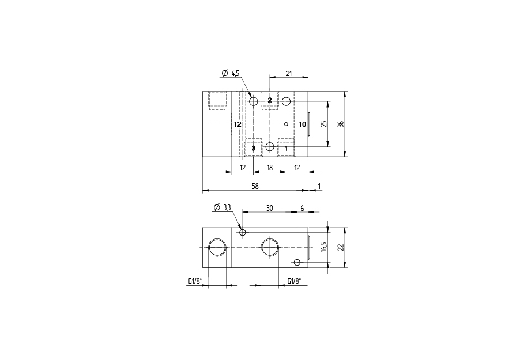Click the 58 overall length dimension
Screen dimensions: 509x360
[x=255, y=186]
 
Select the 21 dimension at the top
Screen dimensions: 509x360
[x=289, y=74]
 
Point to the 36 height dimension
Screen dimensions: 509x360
[x=340, y=124]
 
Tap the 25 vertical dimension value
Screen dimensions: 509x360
[x=323, y=124]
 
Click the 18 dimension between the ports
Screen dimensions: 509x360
[x=270, y=168]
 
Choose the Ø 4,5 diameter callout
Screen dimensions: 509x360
[x=230, y=74]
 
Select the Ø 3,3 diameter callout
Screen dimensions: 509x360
[x=222, y=207]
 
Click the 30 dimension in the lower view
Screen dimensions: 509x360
[x=270, y=208]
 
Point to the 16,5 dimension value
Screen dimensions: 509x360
[x=323, y=247]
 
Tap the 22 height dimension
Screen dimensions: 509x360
[x=340, y=247]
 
